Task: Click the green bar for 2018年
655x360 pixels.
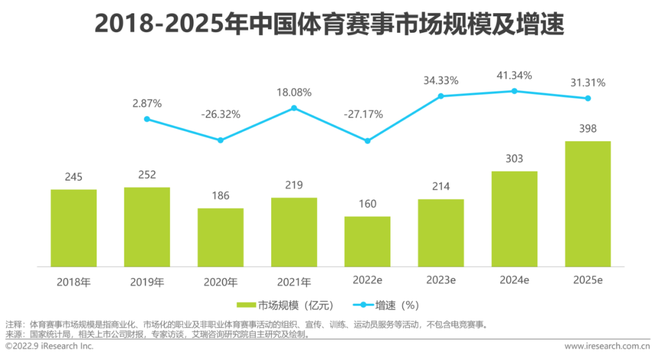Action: click(73, 228)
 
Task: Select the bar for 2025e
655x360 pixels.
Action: click(588, 204)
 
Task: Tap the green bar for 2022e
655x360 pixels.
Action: click(368, 241)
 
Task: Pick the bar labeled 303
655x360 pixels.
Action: click(514, 219)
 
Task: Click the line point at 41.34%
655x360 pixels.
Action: click(514, 91)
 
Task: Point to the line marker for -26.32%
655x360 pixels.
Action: click(221, 140)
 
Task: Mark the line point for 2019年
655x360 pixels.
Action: click(147, 119)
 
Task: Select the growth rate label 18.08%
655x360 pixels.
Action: click(294, 93)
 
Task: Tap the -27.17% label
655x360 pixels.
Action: click(363, 115)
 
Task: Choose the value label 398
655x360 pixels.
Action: click(588, 128)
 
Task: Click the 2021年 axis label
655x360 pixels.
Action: click(294, 282)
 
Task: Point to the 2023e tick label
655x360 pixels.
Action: click(441, 281)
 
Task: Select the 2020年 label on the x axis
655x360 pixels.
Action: click(221, 282)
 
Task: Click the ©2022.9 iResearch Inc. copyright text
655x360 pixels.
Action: click(49, 346)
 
